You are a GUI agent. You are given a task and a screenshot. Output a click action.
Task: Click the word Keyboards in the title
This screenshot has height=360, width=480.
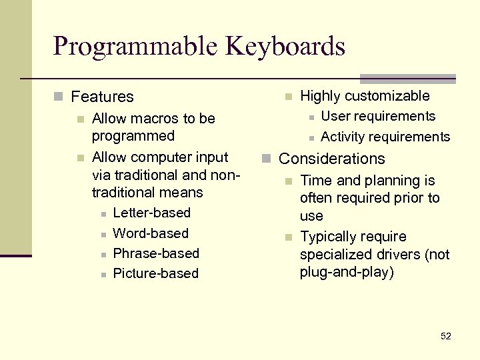click(285, 47)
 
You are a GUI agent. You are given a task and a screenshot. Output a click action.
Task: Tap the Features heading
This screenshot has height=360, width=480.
click(102, 97)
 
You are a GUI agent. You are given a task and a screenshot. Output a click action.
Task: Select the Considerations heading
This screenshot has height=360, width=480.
click(331, 159)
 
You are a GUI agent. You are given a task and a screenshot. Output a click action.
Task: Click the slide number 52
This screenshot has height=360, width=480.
click(446, 336)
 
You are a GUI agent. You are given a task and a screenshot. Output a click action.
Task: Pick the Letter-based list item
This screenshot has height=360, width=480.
click(152, 213)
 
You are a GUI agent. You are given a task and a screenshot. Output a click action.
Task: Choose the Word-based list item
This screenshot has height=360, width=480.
click(151, 234)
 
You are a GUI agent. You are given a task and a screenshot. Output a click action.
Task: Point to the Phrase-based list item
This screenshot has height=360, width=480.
click(156, 254)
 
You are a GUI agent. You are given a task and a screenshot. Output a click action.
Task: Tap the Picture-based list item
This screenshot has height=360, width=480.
click(156, 274)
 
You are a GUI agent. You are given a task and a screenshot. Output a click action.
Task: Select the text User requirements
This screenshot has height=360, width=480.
click(378, 117)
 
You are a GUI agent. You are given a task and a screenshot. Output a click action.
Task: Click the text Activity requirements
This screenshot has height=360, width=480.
click(385, 137)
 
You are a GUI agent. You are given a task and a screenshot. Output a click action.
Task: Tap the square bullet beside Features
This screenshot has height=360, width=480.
click(58, 97)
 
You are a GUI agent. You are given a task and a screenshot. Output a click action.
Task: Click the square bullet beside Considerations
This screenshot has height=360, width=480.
click(265, 159)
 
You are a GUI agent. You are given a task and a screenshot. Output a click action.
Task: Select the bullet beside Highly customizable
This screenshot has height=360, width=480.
click(288, 97)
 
